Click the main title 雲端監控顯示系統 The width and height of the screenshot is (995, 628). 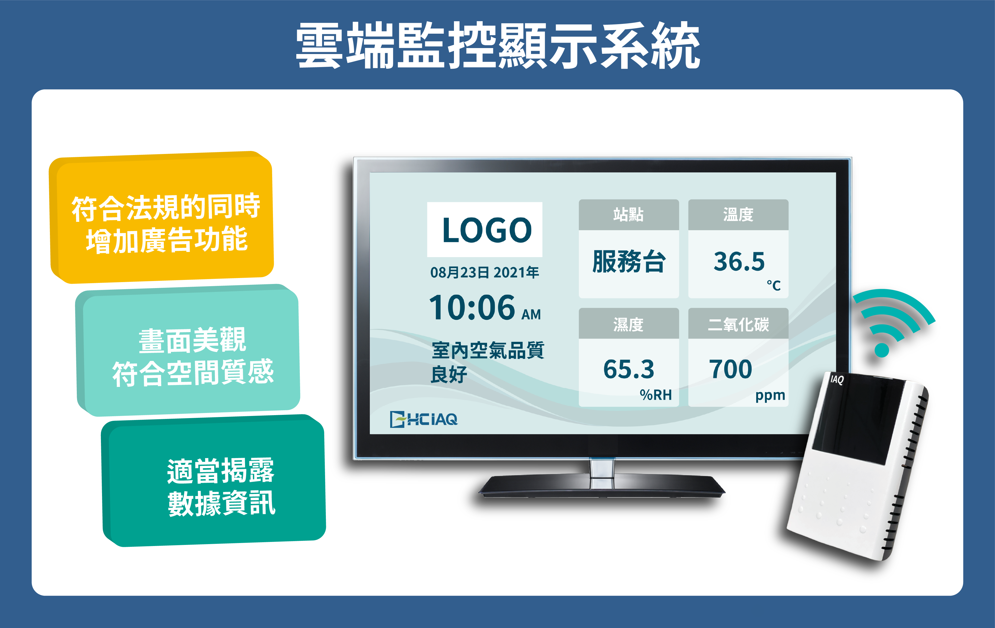point(498,45)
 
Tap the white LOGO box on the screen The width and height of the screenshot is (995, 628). point(484,229)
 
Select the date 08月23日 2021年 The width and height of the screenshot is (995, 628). point(484,272)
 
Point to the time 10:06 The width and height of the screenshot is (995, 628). point(472,308)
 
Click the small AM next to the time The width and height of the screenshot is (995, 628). point(531,315)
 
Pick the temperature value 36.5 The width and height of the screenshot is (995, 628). point(739,261)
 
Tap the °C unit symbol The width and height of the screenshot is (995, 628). point(774,285)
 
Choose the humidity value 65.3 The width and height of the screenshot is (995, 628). point(628,369)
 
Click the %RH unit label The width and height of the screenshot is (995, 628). point(656,395)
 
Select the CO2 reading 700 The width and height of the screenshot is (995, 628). point(730,369)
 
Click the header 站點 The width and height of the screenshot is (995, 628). point(628,214)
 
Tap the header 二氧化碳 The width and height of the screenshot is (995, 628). point(738,324)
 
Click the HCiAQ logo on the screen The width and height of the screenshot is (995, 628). point(424,419)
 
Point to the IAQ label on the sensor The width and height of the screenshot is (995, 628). point(837,379)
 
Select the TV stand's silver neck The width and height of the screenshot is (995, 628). point(602,474)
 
